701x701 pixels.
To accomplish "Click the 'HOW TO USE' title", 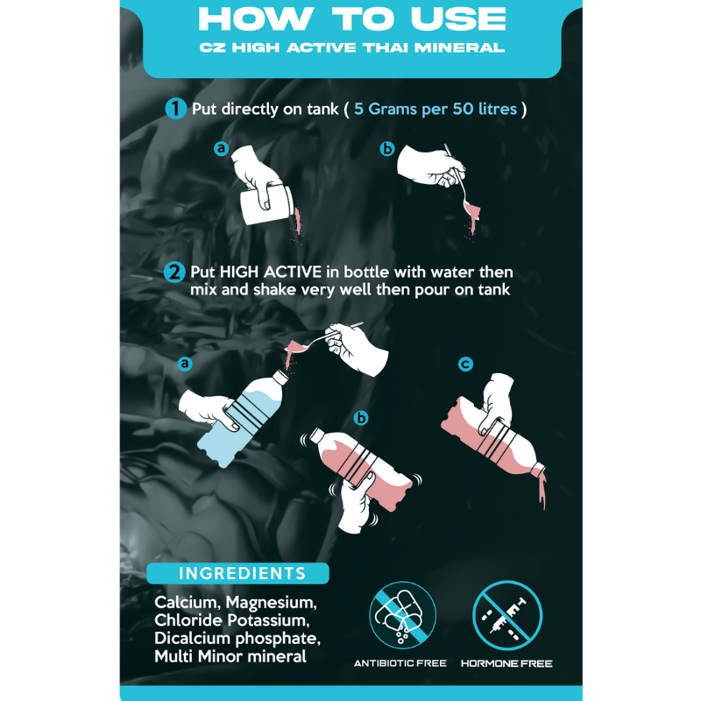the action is tap(352, 19).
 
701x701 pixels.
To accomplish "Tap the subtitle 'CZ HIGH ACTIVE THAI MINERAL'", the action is tap(352, 47).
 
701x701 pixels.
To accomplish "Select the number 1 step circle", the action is tap(176, 109).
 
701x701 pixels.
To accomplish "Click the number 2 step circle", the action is tap(174, 273).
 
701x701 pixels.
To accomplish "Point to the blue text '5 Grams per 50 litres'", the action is tap(435, 109).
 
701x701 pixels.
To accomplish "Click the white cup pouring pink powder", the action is tap(266, 205).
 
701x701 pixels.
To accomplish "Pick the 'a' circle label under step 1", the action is tap(222, 148).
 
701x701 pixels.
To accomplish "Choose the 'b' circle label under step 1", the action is tap(387, 149).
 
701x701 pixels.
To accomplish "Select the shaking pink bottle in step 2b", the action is tap(360, 467).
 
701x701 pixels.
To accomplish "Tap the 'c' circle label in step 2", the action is tap(465, 365).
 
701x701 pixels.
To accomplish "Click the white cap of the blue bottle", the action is tap(280, 377).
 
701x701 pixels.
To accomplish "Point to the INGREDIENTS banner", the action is tap(237, 573).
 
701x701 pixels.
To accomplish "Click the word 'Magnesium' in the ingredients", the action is tap(271, 603).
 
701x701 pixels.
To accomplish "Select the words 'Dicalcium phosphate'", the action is tap(237, 639).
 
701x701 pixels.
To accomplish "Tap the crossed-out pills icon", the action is tap(402, 615).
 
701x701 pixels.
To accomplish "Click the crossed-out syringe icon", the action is tap(507, 615).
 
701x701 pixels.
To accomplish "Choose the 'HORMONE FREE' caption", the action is tap(506, 663).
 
